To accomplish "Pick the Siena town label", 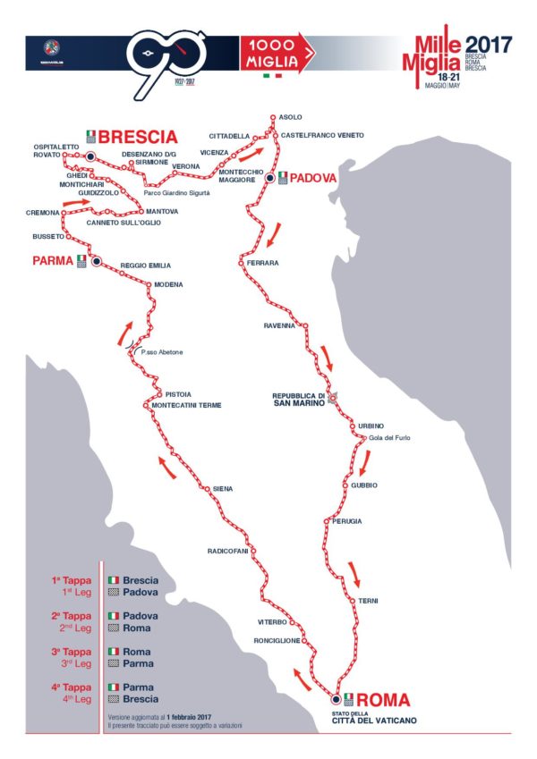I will [x=222, y=488].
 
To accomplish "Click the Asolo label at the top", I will [x=291, y=117].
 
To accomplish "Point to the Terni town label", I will [x=369, y=600].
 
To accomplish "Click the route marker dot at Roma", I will [x=336, y=699].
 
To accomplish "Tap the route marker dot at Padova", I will [x=268, y=179].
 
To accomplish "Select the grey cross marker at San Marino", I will [x=332, y=398].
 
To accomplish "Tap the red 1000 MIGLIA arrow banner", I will [x=278, y=54].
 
